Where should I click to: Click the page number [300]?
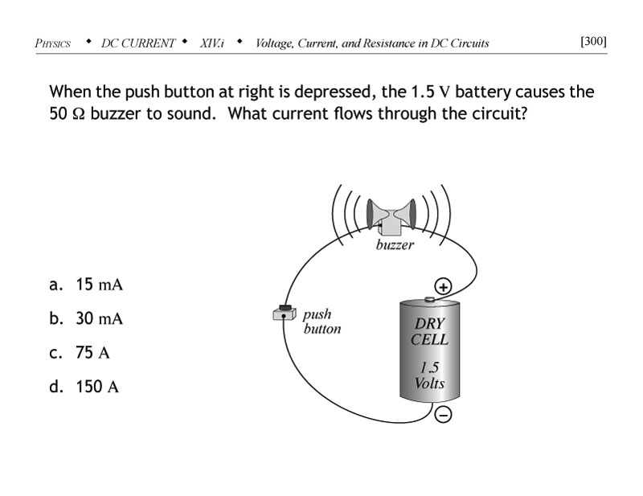point(593,42)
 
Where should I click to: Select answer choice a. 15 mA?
point(86,285)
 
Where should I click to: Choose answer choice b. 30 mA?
point(86,318)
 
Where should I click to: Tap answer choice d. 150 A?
point(84,387)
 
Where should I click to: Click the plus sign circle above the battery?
point(443,286)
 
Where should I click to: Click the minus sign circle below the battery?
point(443,414)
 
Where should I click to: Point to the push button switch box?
point(285,314)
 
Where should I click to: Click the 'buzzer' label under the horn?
point(394,244)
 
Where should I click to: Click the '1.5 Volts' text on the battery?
point(429,375)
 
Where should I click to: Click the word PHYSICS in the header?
point(53,43)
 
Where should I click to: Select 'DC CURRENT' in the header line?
point(137,43)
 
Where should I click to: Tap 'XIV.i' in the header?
point(213,43)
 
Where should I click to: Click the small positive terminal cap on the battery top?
point(428,300)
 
